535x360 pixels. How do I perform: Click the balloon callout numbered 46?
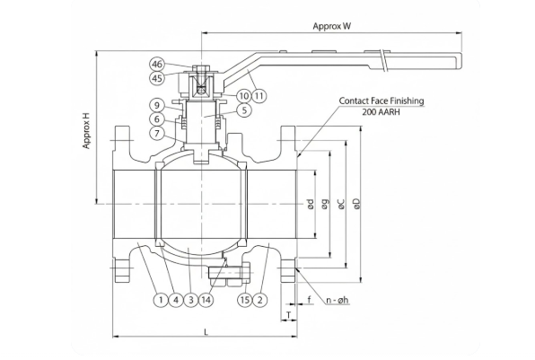158,65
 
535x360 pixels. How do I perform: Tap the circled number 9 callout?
156,104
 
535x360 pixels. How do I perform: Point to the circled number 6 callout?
156,119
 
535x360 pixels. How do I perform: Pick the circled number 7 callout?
156,133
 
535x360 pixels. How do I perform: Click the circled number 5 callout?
243,110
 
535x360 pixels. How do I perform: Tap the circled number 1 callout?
159,299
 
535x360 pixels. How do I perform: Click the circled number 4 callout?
176,299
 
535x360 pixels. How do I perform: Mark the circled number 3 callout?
191,299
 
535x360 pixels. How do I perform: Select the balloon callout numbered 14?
207,299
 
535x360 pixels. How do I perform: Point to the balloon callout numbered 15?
244,299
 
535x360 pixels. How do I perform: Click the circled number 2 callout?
260,299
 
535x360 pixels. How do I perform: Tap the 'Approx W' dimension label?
331,26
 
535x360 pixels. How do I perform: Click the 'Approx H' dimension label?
87,131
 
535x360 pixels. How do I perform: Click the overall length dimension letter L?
206,333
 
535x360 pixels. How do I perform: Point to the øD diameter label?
356,204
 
